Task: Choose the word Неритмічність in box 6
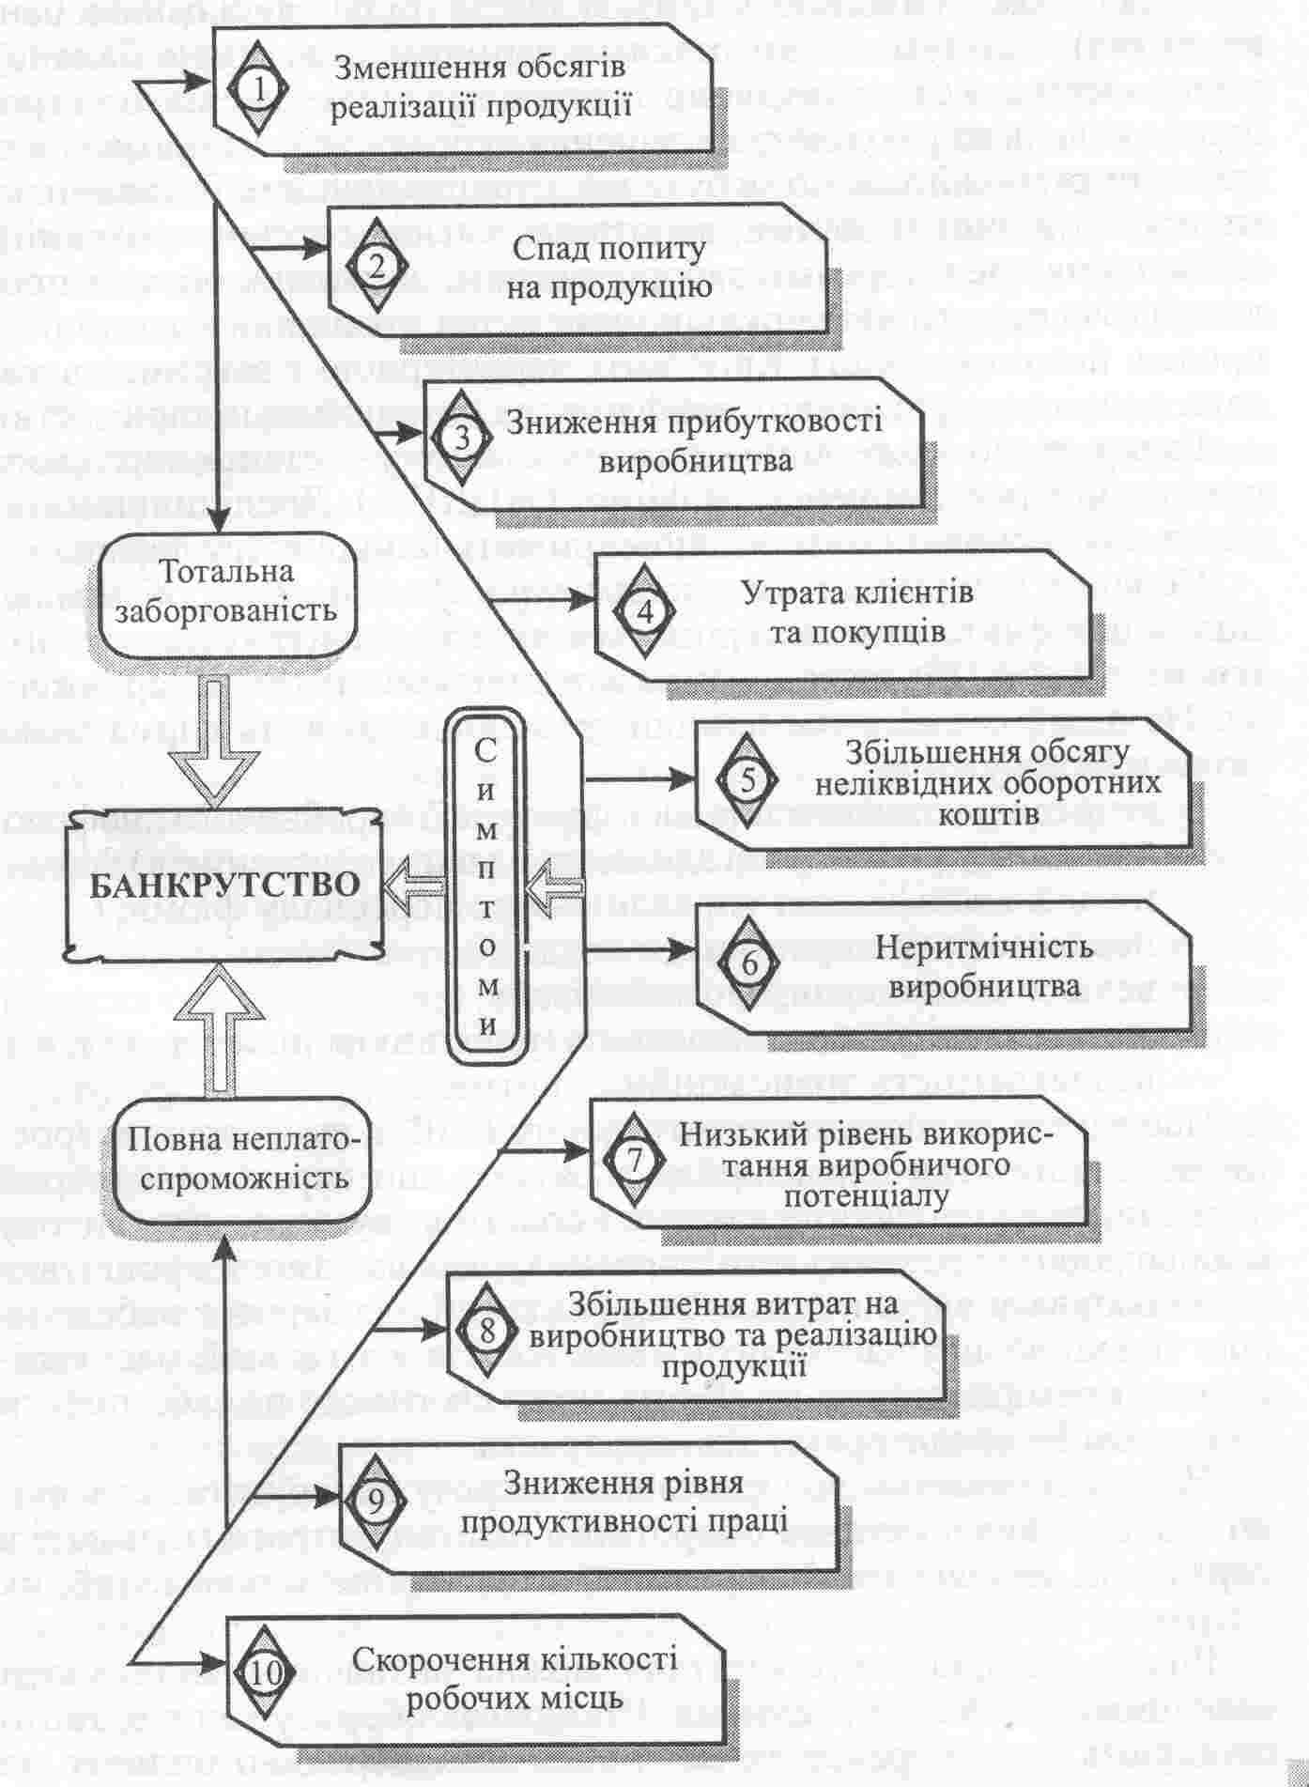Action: pyautogui.click(x=984, y=947)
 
